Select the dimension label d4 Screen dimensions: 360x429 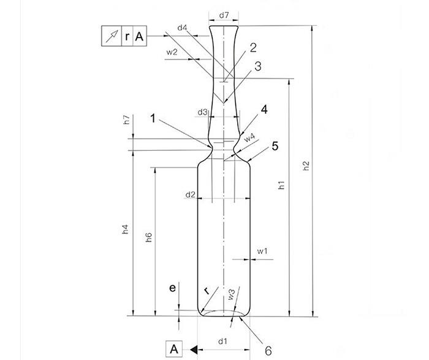point(182,28)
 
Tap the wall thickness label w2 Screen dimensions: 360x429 point(172,52)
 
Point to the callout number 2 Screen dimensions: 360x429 point(252,47)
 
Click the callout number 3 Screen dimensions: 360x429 point(258,66)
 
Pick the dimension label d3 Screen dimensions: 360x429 point(203,112)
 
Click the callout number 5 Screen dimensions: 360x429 point(275,146)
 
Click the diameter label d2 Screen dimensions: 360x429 point(191,194)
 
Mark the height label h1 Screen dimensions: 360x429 point(281,185)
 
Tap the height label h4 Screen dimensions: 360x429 point(125,229)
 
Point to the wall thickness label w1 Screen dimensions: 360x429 point(262,251)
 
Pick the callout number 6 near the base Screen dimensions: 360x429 point(267,351)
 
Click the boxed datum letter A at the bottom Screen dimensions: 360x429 point(174,349)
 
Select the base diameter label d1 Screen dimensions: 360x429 point(223,340)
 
